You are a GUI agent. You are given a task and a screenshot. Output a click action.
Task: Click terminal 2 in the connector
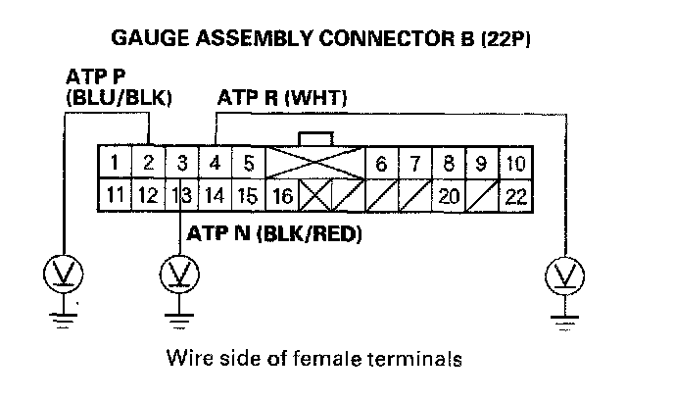point(148,162)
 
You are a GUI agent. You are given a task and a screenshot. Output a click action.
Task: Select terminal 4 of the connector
point(216,162)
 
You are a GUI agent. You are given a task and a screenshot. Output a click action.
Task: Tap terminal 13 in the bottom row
point(181,196)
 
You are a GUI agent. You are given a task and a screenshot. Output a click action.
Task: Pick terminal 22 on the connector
point(515,196)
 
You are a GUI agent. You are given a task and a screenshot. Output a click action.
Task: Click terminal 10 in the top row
point(515,162)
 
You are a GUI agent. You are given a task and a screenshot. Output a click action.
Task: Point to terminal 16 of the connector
point(281,196)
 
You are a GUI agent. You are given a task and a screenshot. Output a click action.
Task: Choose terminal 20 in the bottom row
point(449,196)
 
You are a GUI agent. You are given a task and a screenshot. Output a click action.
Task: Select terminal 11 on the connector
point(114,196)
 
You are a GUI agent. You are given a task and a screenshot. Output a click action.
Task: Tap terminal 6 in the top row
point(381,162)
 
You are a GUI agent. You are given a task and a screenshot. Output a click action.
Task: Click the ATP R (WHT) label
point(280,98)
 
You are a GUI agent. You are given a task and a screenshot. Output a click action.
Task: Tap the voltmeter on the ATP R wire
point(561,275)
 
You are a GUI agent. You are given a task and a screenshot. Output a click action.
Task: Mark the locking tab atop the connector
point(315,138)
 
